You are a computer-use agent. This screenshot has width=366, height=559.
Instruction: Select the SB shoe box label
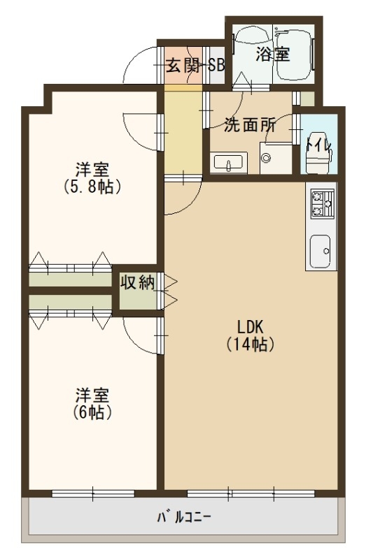[216, 67]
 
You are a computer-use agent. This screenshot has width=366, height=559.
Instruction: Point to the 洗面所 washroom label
[248, 126]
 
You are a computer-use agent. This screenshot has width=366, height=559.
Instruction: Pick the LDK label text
[249, 326]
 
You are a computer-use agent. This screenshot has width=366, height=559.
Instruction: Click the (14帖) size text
[249, 344]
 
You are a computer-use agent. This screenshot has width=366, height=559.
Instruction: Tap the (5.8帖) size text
[92, 187]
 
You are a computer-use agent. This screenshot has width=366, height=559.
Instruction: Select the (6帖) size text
[92, 412]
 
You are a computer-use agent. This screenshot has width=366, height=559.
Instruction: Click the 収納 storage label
[137, 282]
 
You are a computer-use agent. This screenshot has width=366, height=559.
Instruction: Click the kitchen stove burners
[320, 203]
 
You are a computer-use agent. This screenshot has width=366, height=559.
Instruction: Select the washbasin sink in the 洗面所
[227, 164]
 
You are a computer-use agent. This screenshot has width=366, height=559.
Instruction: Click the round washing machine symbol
[266, 158]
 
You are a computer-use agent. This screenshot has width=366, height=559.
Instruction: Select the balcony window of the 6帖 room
[92, 494]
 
